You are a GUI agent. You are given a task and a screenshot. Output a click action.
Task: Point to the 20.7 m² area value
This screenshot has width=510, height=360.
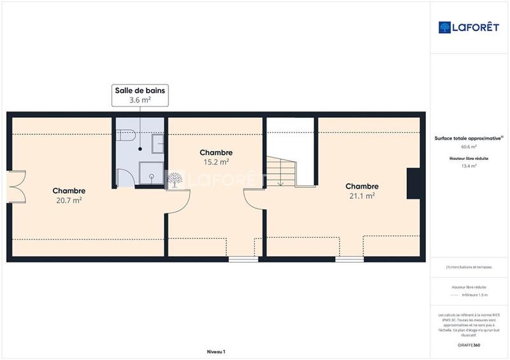point(69,200)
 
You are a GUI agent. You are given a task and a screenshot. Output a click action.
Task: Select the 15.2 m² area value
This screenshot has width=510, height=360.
point(216,162)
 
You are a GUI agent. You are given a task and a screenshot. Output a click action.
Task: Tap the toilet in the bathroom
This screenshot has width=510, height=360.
point(126,137)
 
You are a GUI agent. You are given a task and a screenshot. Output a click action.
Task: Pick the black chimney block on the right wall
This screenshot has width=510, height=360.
point(412,184)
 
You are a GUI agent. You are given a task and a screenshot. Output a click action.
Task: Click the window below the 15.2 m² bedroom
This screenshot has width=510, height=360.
point(244,259)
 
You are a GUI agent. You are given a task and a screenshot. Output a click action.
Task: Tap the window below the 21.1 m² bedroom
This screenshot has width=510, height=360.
point(349,259)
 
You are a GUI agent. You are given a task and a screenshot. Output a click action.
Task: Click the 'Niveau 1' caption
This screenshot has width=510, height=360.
point(216,352)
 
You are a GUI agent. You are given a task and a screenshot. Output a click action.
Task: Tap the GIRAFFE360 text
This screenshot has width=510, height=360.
point(469,345)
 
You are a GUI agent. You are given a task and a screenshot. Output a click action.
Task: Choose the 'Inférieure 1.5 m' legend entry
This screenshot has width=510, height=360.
point(475,295)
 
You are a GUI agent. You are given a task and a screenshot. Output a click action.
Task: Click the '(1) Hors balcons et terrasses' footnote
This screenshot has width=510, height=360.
point(469,268)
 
